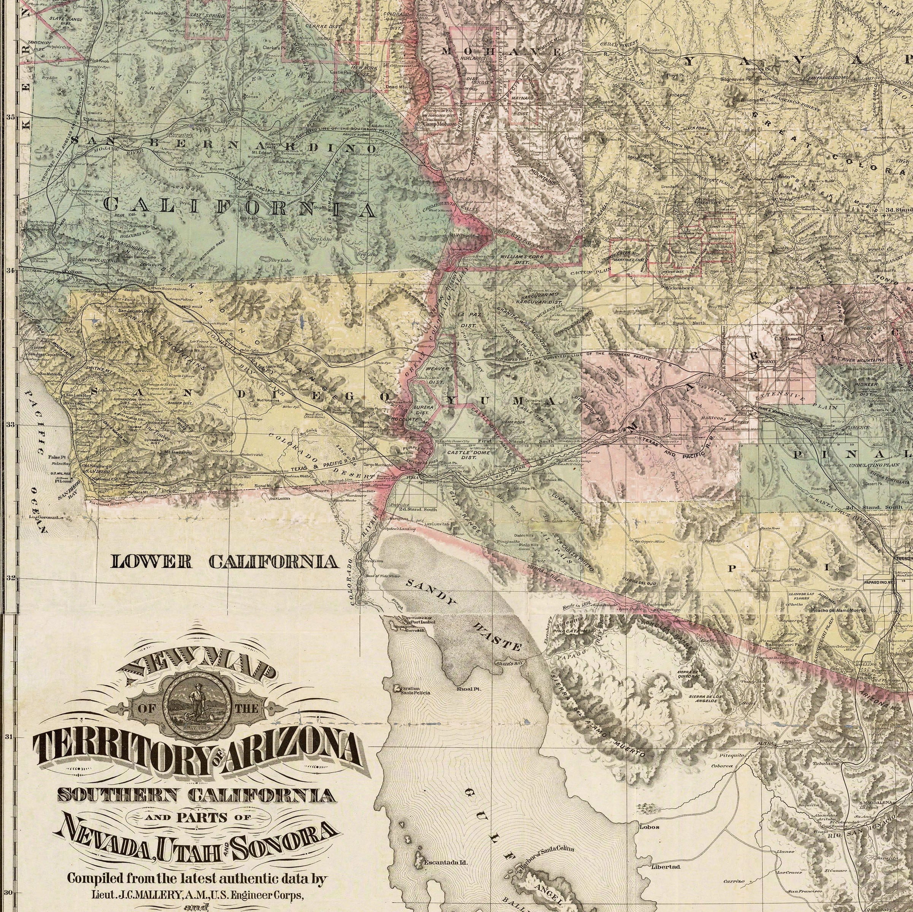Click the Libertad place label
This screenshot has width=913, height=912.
click(665, 853)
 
